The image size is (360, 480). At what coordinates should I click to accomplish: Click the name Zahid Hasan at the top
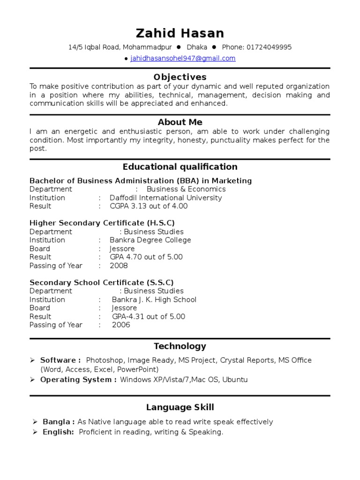[180, 33]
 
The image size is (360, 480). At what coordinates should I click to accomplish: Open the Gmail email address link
[183, 59]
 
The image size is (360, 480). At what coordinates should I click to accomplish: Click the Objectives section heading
[180, 77]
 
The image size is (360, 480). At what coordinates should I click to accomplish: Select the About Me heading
[180, 122]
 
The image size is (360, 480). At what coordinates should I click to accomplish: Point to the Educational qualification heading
[180, 167]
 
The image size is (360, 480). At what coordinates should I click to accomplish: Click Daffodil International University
[165, 198]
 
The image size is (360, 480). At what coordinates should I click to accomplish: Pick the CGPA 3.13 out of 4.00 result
[149, 206]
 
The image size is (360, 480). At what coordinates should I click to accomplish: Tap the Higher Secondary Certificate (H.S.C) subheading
[102, 223]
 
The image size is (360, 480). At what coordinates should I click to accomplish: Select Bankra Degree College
[150, 240]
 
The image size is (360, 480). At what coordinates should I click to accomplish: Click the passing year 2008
[119, 266]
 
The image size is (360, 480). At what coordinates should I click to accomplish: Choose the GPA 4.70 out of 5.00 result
[146, 257]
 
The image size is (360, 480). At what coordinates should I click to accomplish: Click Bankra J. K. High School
[154, 300]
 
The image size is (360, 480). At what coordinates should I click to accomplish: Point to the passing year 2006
[121, 325]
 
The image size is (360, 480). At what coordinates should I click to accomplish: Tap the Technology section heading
[180, 346]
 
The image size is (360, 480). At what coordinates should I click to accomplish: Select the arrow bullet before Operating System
[32, 380]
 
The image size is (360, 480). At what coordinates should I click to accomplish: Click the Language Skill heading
[180, 407]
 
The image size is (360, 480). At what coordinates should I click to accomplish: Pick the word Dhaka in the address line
[197, 47]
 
